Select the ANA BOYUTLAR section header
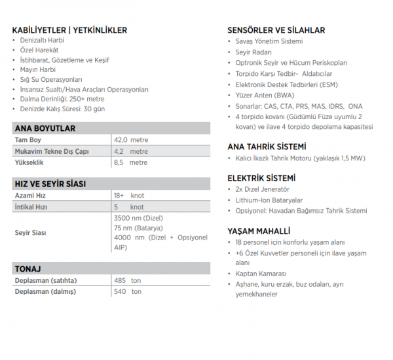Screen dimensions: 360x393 pyautogui.click(x=45, y=128)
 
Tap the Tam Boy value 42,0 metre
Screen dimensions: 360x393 pyautogui.click(x=131, y=140)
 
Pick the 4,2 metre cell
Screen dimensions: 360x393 pyautogui.click(x=131, y=151)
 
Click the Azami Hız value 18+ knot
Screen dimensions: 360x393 pyautogui.click(x=128, y=196)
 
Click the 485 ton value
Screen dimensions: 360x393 pyautogui.click(x=127, y=280)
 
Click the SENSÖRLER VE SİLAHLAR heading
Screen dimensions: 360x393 pyautogui.click(x=276, y=30)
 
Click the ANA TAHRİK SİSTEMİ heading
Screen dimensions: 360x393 pyautogui.click(x=267, y=147)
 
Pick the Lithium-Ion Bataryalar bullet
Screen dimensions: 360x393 pyautogui.click(x=269, y=200)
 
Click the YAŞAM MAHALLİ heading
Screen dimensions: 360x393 pyautogui.click(x=258, y=231)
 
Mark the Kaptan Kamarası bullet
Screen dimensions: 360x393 pyautogui.click(x=261, y=274)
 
